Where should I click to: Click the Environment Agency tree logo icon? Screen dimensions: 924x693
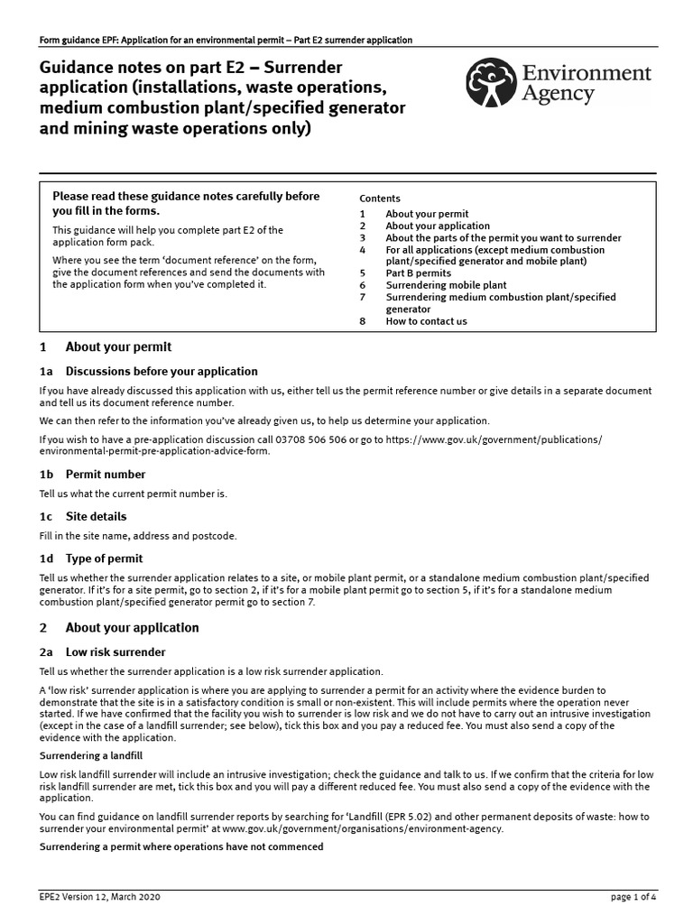point(493,82)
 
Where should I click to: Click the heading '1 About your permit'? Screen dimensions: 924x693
point(117,346)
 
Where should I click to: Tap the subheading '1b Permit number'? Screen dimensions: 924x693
point(105,474)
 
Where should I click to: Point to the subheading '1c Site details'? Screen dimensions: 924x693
point(96,516)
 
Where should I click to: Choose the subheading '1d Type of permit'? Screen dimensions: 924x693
point(104,559)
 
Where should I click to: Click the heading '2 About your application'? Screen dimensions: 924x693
point(132,627)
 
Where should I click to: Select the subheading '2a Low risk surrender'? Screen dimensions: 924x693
point(115,651)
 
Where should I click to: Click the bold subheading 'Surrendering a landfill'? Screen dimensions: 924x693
point(92,755)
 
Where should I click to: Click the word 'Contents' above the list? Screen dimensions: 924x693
point(380,199)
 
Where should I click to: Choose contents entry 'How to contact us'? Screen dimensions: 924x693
point(426,321)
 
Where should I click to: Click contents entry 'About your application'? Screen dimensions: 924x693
point(438,226)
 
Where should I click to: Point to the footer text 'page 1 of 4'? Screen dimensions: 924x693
point(636,899)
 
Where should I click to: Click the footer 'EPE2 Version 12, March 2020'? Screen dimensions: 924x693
point(101,899)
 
